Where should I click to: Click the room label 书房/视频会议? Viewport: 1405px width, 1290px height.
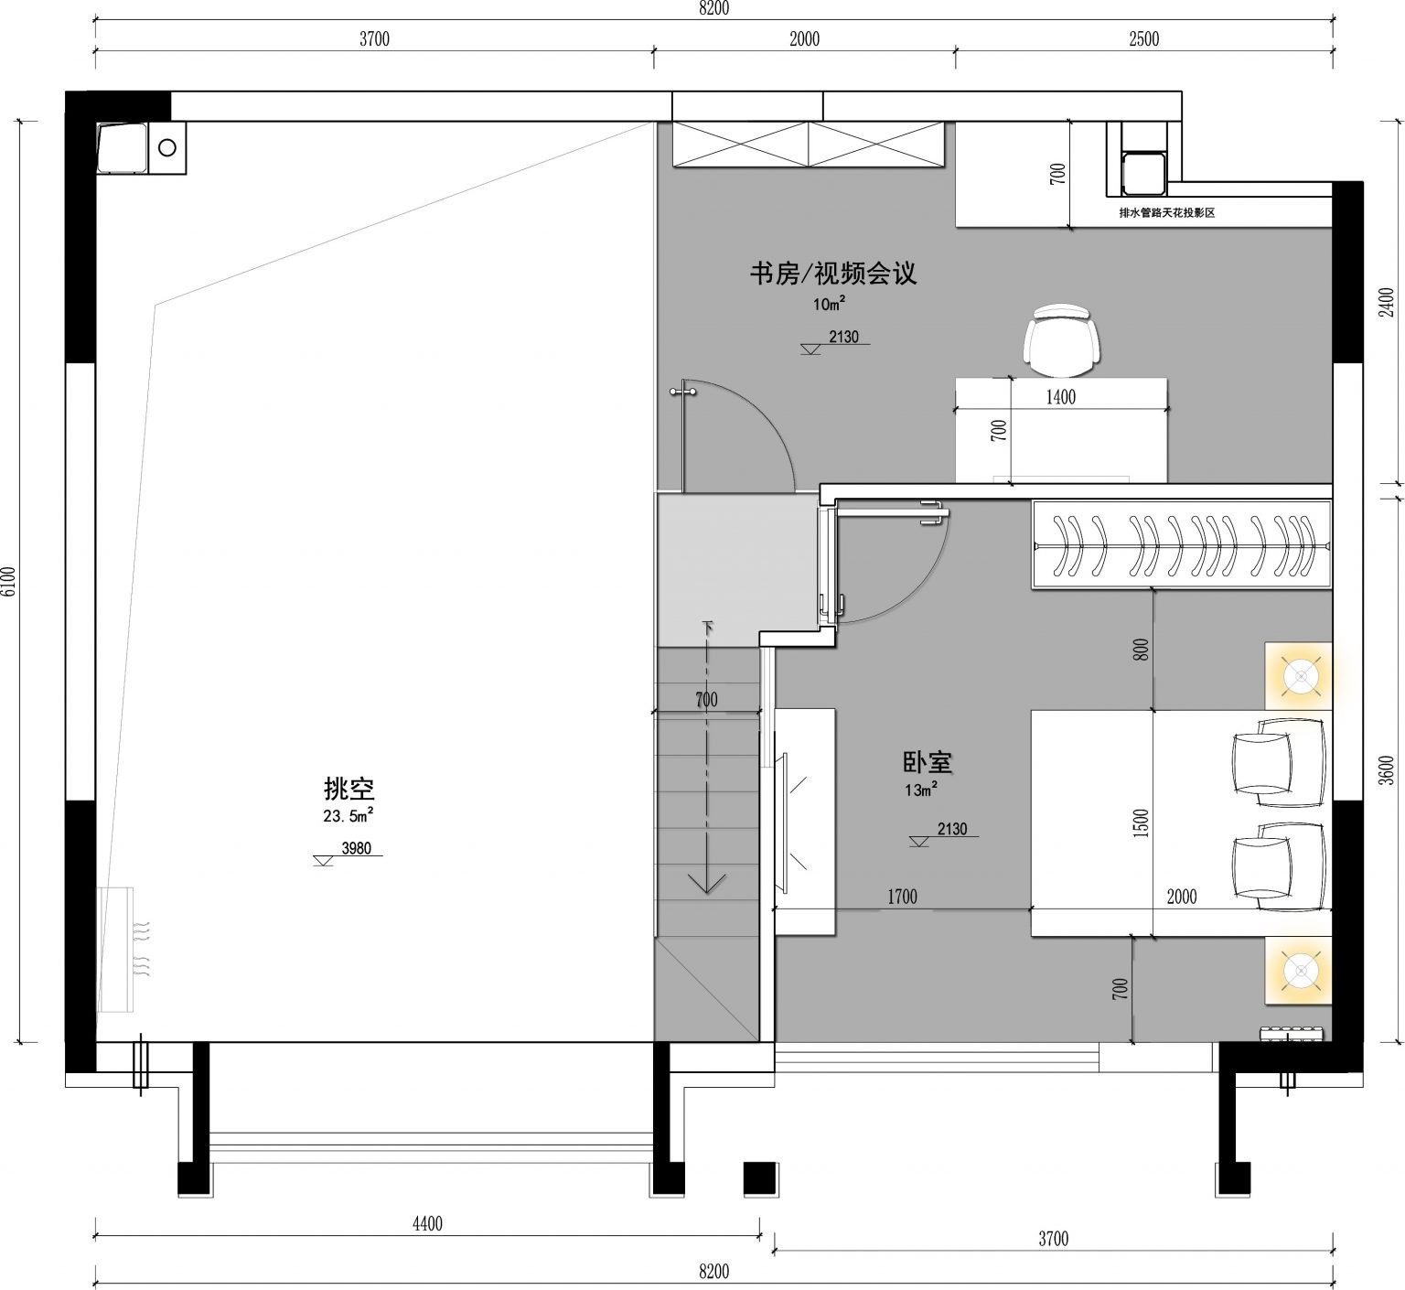(x=832, y=274)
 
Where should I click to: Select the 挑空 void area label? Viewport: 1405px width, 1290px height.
(x=349, y=788)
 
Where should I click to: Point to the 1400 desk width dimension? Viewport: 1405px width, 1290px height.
(x=1061, y=397)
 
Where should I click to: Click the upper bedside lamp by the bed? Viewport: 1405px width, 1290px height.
(x=1299, y=676)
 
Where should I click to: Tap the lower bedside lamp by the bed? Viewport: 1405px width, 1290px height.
(x=1299, y=970)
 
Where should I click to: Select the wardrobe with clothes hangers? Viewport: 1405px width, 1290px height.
(x=1182, y=545)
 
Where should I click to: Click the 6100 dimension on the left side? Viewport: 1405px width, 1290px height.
(x=9, y=582)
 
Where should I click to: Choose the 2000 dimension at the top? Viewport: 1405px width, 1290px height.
(x=804, y=38)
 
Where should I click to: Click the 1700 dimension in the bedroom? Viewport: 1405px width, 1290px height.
(x=902, y=897)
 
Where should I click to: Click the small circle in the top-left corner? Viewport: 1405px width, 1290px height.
(x=167, y=146)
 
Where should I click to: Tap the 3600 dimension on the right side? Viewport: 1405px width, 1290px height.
(x=1387, y=770)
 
